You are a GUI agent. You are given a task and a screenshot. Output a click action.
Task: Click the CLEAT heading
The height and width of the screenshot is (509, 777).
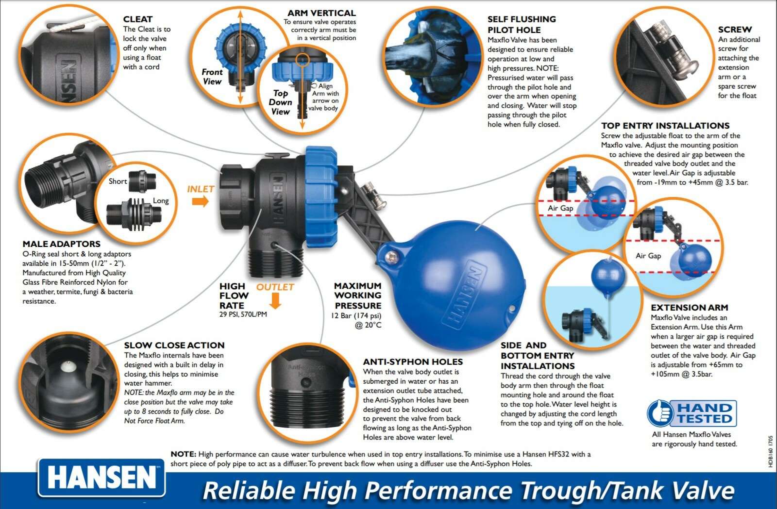(138, 19)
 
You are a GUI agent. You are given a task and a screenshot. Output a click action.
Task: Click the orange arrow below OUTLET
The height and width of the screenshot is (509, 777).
(275, 301)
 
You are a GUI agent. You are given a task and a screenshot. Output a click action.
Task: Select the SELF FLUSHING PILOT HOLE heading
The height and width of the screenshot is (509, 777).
(522, 24)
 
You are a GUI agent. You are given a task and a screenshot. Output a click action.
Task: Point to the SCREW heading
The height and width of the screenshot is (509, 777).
(735, 30)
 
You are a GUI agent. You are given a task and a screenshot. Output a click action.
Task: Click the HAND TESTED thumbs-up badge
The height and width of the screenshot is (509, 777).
(692, 413)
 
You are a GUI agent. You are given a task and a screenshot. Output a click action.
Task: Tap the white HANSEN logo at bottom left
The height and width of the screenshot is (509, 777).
(101, 477)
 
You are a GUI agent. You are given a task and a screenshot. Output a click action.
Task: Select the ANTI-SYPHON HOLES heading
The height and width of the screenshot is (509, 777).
(413, 362)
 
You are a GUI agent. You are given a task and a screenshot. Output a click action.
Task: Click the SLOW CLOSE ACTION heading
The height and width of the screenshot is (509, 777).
(174, 345)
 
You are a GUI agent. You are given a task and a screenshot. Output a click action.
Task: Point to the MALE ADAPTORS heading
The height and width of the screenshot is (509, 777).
(62, 244)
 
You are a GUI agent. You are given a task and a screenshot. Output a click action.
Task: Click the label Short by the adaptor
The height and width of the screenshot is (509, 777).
(118, 181)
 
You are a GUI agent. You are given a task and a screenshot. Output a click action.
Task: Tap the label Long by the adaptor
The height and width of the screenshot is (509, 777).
(161, 201)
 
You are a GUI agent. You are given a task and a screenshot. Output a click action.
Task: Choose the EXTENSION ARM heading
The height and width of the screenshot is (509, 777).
(689, 308)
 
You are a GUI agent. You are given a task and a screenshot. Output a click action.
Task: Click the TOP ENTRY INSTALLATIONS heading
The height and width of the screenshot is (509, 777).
(665, 126)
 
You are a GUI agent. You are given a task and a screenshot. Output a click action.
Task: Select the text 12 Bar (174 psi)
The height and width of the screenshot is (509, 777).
(356, 316)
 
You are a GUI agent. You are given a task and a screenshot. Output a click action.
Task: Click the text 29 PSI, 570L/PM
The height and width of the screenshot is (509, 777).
(243, 314)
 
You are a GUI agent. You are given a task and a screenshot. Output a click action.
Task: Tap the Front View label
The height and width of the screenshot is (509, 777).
(212, 77)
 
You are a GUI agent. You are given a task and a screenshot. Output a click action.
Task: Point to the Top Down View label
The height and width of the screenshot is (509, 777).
(280, 102)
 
